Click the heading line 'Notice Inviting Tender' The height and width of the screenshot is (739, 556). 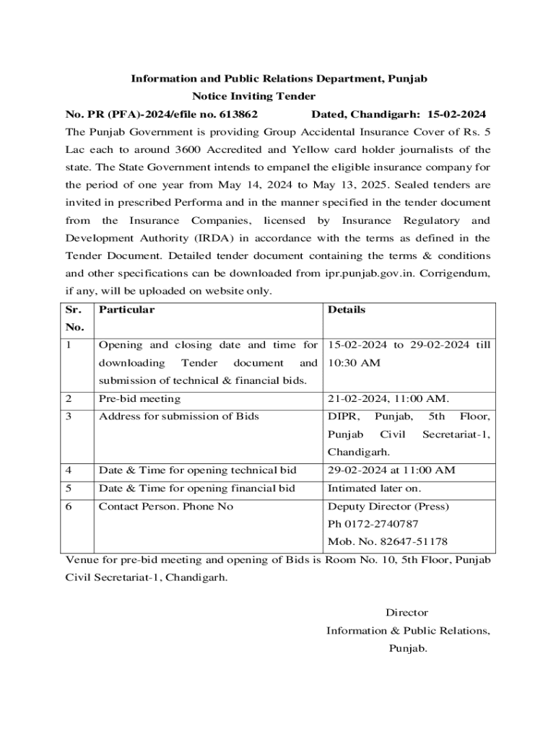coord(253,96)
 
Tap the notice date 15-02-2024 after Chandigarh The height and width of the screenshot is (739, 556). coord(456,114)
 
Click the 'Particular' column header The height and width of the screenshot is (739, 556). coord(126,310)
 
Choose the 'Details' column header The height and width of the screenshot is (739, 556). coord(347,310)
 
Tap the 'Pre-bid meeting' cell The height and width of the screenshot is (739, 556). coord(139,398)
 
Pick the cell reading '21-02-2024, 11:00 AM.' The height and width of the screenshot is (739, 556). coord(388,398)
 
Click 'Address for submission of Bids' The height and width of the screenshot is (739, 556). coord(178,416)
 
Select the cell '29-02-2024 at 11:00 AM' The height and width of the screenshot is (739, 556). coord(391,470)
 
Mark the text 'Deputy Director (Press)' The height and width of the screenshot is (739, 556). coord(388,506)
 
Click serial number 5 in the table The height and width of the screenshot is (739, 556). coord(69,488)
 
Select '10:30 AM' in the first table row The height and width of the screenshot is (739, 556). coord(354,363)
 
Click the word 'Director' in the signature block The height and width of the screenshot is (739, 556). coord(407,613)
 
